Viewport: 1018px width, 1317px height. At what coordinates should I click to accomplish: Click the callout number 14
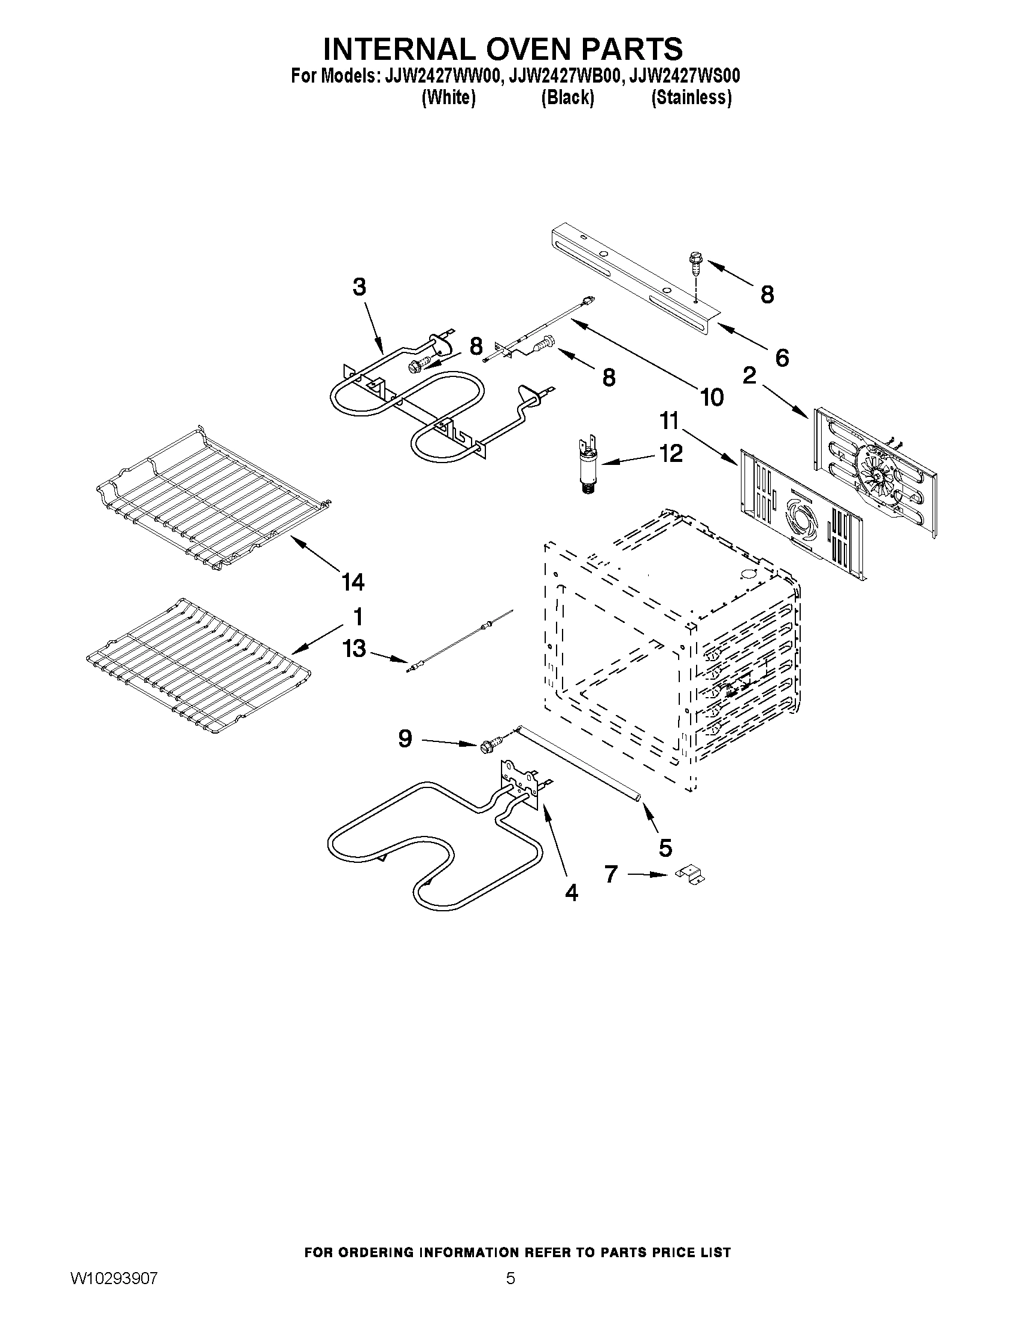pos(353,582)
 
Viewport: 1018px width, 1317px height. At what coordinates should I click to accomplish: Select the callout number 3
pos(360,287)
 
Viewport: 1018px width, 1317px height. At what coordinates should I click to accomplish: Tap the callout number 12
pos(671,453)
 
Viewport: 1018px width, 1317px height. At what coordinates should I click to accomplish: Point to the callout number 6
pos(782,358)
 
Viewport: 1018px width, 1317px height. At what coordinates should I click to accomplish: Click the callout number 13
pos(354,649)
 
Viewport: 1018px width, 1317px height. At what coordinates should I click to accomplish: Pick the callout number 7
pos(611,874)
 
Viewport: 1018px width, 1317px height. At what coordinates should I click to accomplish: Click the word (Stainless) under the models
pos(691,98)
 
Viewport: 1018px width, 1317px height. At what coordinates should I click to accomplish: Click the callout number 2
pos(749,376)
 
